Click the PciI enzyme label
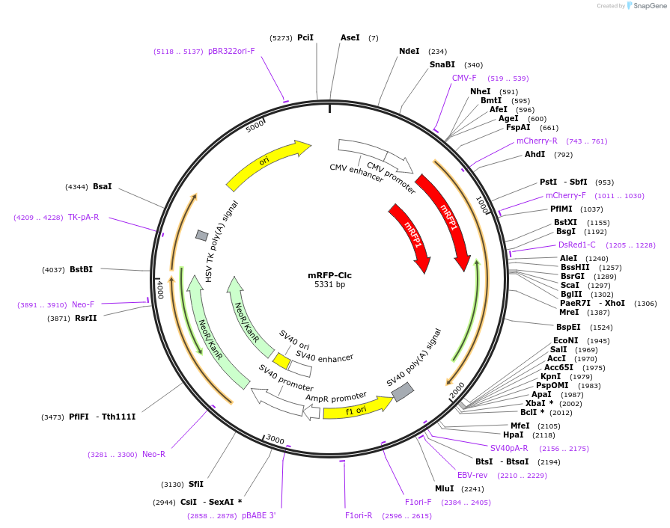[x=305, y=37]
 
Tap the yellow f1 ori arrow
[x=356, y=409]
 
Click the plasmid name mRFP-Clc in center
[x=329, y=274]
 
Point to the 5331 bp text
[x=329, y=285]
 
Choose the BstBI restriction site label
[x=82, y=269]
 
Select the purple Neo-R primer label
[x=153, y=454]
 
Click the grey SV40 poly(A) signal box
[x=403, y=391]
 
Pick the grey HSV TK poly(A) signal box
[x=201, y=236]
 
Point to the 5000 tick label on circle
[x=255, y=125]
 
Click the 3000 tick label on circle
[x=275, y=440]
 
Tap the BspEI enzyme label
[x=568, y=327]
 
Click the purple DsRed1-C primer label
[x=576, y=245]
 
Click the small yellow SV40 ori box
[x=281, y=360]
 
